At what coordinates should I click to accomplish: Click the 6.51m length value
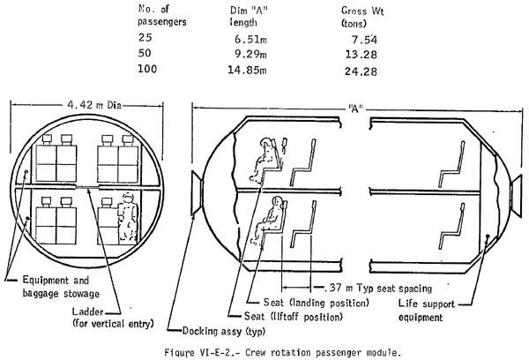[x=250, y=39]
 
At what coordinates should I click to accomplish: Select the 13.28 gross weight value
[x=361, y=55]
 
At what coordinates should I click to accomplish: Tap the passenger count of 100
[x=147, y=69]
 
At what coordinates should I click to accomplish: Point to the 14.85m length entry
[x=247, y=71]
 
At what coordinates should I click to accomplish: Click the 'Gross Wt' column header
[x=362, y=17]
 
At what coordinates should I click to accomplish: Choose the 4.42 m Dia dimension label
[x=94, y=105]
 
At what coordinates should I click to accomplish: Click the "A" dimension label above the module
[x=355, y=109]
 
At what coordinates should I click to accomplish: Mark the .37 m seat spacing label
[x=378, y=288]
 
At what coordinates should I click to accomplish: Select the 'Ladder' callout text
[x=87, y=311]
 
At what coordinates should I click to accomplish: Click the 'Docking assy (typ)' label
[x=224, y=331]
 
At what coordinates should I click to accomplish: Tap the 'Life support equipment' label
[x=427, y=311]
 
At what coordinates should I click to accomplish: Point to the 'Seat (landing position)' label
[x=317, y=303]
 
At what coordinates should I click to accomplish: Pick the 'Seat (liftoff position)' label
[x=294, y=317]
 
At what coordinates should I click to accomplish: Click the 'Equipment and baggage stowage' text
[x=61, y=287]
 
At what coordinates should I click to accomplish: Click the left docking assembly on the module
[x=197, y=193]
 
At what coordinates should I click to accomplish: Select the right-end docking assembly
[x=516, y=197]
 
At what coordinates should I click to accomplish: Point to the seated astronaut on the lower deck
[x=269, y=220]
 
